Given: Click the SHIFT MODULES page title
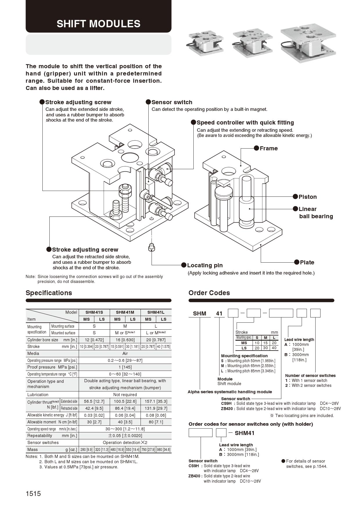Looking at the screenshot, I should pyautogui.click(x=98, y=24).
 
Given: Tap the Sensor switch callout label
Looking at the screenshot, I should pyautogui.click(x=172, y=102).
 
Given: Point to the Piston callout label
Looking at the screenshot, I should pyautogui.click(x=307, y=197).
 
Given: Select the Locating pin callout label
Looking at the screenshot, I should pyautogui.click(x=205, y=265).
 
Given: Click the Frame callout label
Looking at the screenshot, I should pyautogui.click(x=269, y=148).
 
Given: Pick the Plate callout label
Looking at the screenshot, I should pyautogui.click(x=307, y=262).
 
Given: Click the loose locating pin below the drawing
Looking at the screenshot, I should pyautogui.click(x=151, y=248).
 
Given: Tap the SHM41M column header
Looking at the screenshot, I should pyautogui.click(x=125, y=312).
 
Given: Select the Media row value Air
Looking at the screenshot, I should pyautogui.click(x=125, y=353).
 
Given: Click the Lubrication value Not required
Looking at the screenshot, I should pyautogui.click(x=125, y=395).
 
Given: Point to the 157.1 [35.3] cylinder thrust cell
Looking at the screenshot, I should pyautogui.click(x=156, y=401).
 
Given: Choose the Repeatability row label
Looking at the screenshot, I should pyautogui.click(x=40, y=436).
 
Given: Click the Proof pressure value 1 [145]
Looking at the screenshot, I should pyautogui.click(x=125, y=367).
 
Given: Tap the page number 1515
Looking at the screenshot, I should pyautogui.click(x=33, y=494).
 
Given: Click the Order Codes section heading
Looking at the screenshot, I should pyautogui.click(x=209, y=293).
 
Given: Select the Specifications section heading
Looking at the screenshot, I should pyautogui.click(x=49, y=293).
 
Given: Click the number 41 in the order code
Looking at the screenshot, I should pyautogui.click(x=219, y=313).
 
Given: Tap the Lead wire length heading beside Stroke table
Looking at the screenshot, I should pyautogui.click(x=299, y=340).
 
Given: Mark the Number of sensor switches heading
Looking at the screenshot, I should pyautogui.click(x=310, y=376).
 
